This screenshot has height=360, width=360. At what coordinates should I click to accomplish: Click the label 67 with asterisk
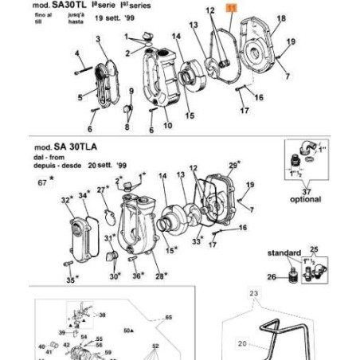coord(42,182)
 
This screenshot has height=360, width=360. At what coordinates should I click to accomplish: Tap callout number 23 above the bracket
coord(255,294)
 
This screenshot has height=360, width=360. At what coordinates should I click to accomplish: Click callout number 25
coord(313,249)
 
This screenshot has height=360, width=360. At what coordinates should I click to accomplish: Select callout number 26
coord(270,277)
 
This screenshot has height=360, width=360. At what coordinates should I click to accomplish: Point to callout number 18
coord(281,18)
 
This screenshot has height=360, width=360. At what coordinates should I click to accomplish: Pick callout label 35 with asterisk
coord(70,280)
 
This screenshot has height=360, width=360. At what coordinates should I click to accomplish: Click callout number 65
coord(168,317)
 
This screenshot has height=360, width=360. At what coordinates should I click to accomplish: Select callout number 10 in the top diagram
coord(167,125)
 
